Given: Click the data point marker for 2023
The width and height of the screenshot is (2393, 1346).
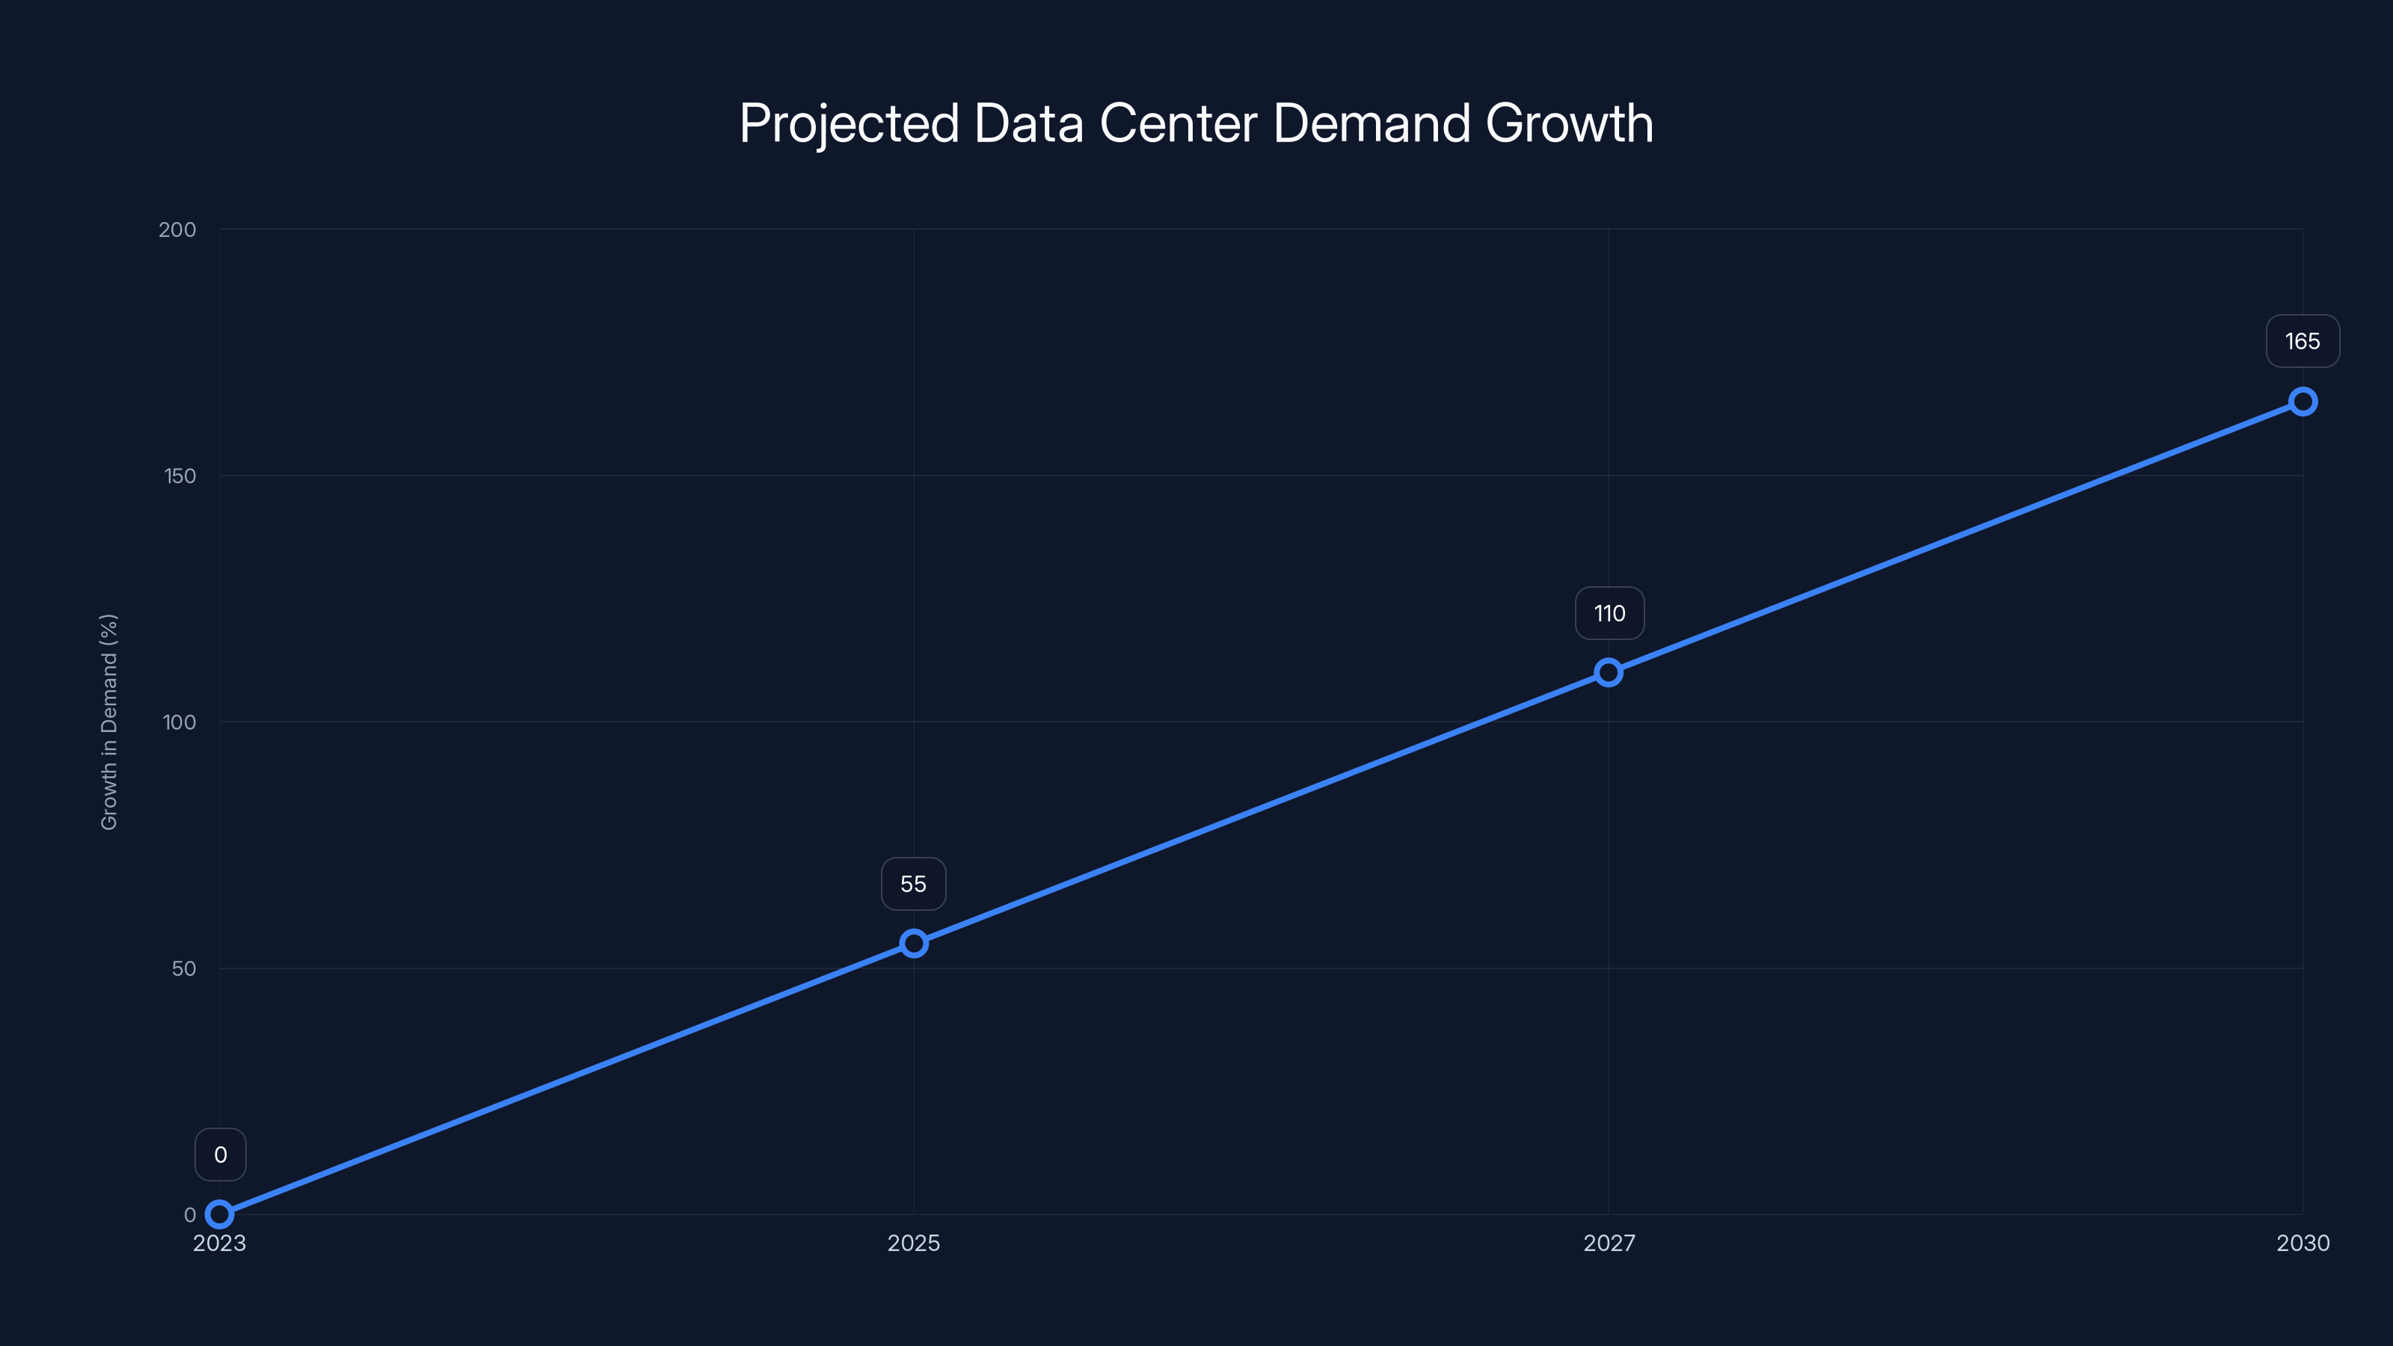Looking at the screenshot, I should point(219,1214).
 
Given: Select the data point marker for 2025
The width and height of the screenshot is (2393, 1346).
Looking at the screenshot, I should point(913,944).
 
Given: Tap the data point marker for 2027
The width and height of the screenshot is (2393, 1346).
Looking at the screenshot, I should point(1608,672).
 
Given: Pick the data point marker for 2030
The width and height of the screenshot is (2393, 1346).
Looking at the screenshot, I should point(2302,402).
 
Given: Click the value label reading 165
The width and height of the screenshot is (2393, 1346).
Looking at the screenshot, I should point(2302,342).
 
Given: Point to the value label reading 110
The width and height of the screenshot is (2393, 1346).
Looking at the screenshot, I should point(1609,613).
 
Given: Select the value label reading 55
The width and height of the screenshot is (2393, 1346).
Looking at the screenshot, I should point(913,885).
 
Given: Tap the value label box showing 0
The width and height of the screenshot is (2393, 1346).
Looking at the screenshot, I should point(220,1155).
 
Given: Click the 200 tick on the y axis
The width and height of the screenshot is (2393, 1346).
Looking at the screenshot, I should point(177,230).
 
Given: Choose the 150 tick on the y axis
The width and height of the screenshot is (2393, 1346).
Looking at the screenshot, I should point(180,476).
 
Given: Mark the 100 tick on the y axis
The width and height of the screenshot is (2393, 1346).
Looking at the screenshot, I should point(179,722).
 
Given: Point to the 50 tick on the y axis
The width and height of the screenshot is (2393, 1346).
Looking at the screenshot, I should point(184,968).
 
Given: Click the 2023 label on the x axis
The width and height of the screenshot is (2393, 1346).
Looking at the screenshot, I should point(219,1243).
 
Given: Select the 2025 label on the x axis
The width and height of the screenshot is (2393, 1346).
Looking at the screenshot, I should point(913,1243).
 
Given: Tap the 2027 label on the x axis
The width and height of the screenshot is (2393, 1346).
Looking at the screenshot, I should point(1608,1243).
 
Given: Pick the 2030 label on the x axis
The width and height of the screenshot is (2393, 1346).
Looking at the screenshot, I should point(2302,1243).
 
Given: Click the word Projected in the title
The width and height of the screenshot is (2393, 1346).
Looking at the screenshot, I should point(848,123).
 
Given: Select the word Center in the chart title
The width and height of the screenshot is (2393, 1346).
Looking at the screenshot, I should point(1178,123).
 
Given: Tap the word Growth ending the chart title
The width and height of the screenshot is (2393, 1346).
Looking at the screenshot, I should point(1569,123).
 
